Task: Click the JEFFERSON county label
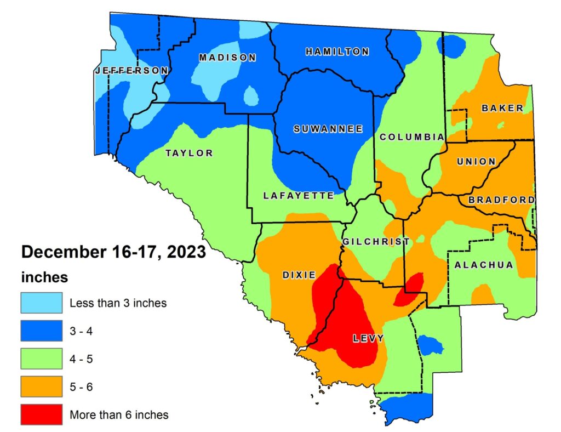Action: point(131,71)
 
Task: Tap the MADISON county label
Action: point(227,58)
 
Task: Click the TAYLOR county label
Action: point(189,153)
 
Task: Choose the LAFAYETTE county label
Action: point(298,196)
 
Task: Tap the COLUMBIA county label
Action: point(411,137)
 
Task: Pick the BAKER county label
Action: point(502,108)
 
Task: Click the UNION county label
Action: point(476,162)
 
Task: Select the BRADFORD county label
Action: point(501,200)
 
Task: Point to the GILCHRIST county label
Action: point(376,242)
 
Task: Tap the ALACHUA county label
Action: point(484,265)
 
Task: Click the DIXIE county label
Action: point(299,274)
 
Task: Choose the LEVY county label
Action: point(368,338)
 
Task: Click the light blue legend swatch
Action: point(41,302)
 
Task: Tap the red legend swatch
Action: point(41,414)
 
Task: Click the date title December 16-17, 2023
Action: point(113,252)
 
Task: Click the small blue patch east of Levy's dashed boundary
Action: point(430,345)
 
